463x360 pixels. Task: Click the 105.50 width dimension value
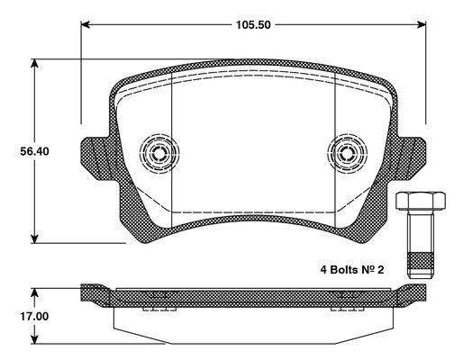pos(253,24)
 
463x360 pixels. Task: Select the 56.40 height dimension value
pos(34,151)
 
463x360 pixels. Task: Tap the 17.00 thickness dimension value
pos(34,316)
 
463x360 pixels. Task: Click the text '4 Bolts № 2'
pos(352,270)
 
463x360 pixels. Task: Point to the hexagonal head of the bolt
pos(421,201)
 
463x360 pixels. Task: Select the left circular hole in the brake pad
pos(159,153)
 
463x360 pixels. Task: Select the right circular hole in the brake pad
pos(348,153)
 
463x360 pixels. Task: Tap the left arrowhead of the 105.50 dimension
pos(86,24)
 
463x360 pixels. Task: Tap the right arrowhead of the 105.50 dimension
pos(422,24)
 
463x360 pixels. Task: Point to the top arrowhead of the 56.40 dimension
pos(35,64)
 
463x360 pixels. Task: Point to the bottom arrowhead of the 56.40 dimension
pos(35,238)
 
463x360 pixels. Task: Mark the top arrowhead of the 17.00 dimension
pos(35,293)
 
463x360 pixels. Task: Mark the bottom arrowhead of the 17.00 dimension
pos(35,339)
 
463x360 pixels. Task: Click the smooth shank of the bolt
pos(421,231)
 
